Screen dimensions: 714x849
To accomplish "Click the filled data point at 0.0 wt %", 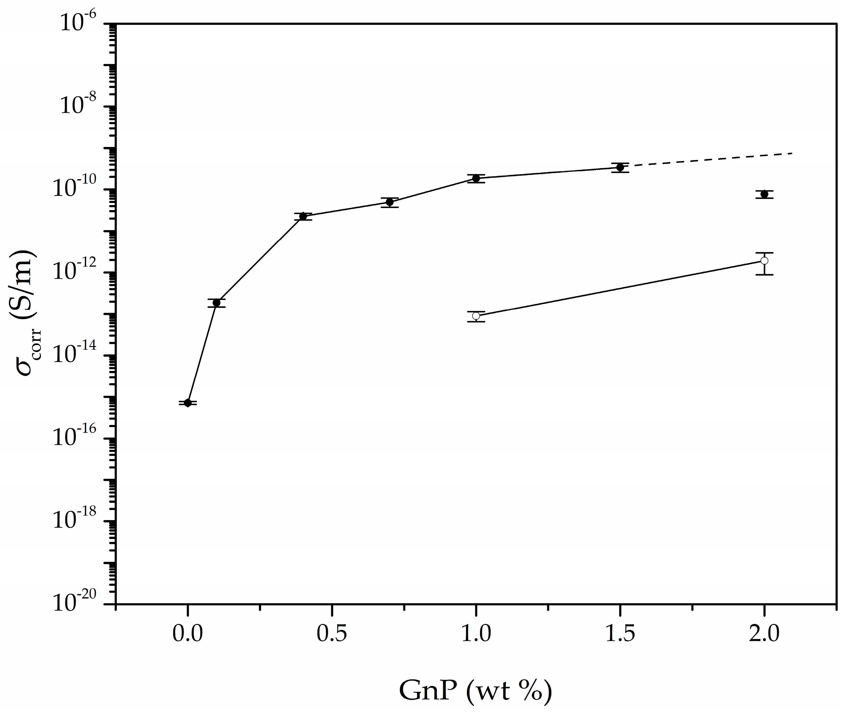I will click(x=188, y=403).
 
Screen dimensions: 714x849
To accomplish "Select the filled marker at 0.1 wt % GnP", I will click(x=217, y=303).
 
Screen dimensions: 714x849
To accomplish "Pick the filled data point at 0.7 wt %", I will click(x=390, y=202).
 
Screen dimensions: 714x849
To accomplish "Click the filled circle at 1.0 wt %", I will click(x=476, y=178).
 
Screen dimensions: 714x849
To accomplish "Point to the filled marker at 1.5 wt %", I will click(x=620, y=167).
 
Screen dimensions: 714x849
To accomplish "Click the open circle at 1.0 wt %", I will click(x=476, y=316).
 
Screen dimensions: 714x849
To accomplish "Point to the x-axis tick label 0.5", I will click(x=332, y=634).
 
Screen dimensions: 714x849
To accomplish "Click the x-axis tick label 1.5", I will click(x=620, y=634).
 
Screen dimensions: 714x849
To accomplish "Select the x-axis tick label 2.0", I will click(x=764, y=634).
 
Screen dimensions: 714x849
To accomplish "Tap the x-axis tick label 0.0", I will click(x=188, y=634).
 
